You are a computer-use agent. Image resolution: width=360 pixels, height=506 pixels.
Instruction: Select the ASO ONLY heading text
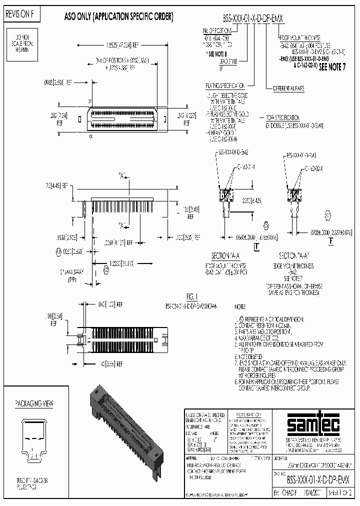119,16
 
